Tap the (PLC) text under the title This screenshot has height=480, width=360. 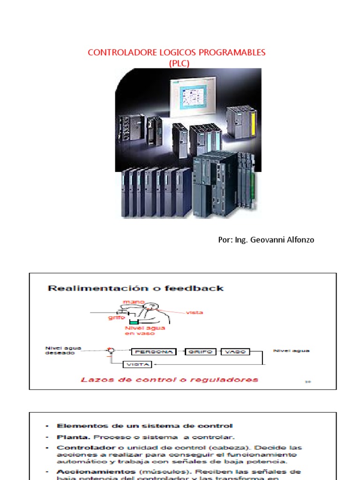click(x=179, y=63)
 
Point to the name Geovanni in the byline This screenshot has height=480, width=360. click(x=269, y=240)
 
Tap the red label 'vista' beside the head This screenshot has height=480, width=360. click(x=195, y=312)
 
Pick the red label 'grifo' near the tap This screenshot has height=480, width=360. click(x=118, y=317)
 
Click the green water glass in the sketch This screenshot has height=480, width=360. click(x=135, y=323)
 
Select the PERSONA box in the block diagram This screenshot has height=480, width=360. click(x=153, y=352)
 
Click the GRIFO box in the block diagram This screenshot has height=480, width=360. click(x=202, y=352)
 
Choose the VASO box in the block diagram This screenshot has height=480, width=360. click(x=235, y=352)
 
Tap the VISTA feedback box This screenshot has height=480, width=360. click(x=139, y=364)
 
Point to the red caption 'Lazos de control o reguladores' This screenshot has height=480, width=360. click(x=169, y=379)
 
